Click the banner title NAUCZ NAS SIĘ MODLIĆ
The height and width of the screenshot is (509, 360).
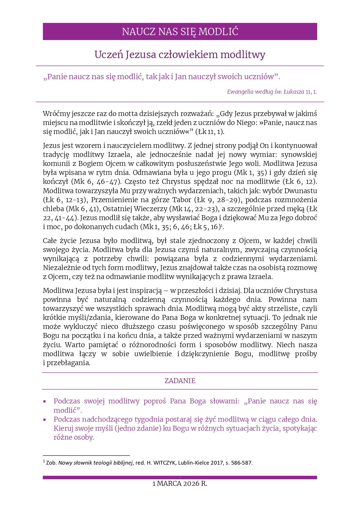click(180, 32)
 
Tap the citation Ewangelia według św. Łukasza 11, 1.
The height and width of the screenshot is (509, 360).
click(272, 92)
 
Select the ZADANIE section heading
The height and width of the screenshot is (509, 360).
click(180, 381)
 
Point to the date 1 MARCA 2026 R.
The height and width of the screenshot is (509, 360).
click(180, 483)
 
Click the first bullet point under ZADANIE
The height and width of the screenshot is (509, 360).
click(45, 402)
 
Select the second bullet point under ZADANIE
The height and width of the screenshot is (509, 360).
click(45, 420)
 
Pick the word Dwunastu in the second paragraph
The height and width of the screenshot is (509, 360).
click(301, 191)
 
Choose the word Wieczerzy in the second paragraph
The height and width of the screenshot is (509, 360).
click(150, 209)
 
